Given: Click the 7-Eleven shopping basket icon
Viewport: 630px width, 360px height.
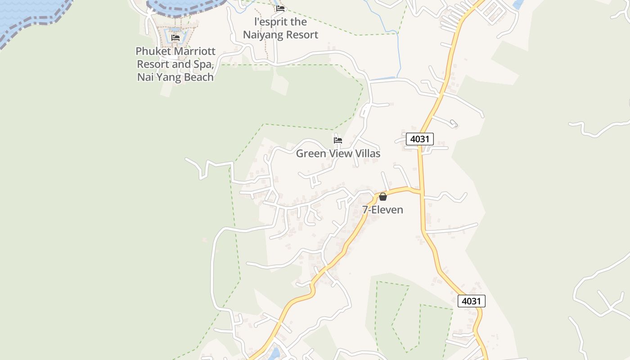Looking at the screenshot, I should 382,197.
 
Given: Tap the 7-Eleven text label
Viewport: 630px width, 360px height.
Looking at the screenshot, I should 382,210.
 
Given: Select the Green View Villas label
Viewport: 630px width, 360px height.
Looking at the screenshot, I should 338,153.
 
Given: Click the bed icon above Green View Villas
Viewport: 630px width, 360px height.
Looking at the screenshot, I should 338,140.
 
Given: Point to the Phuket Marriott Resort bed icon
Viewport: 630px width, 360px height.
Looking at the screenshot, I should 175,38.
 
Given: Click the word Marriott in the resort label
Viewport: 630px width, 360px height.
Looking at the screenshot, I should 194,51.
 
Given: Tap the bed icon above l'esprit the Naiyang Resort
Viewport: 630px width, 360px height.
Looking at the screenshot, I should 280,8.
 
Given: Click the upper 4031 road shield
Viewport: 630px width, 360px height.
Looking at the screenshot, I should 419,139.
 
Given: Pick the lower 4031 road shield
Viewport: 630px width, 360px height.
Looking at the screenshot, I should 471,301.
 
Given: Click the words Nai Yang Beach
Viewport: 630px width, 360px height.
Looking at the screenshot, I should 175,77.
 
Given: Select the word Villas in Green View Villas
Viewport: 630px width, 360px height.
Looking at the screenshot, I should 366,153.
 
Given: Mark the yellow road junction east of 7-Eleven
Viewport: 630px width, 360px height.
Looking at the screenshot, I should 422,192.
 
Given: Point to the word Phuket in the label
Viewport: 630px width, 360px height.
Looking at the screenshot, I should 153,51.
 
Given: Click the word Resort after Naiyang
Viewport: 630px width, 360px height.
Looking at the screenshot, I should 302,35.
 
